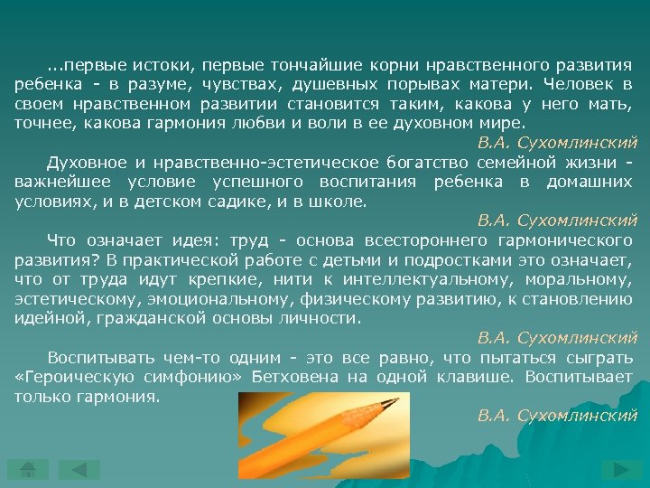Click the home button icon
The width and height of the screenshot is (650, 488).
(28, 469)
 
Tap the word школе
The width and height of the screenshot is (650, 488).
(341, 202)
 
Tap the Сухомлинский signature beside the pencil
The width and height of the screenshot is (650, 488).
(557, 416)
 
